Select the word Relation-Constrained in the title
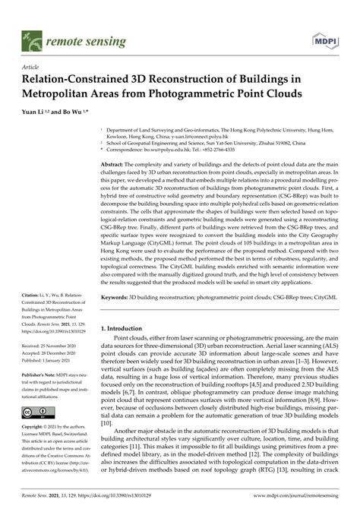pos(83,80)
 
